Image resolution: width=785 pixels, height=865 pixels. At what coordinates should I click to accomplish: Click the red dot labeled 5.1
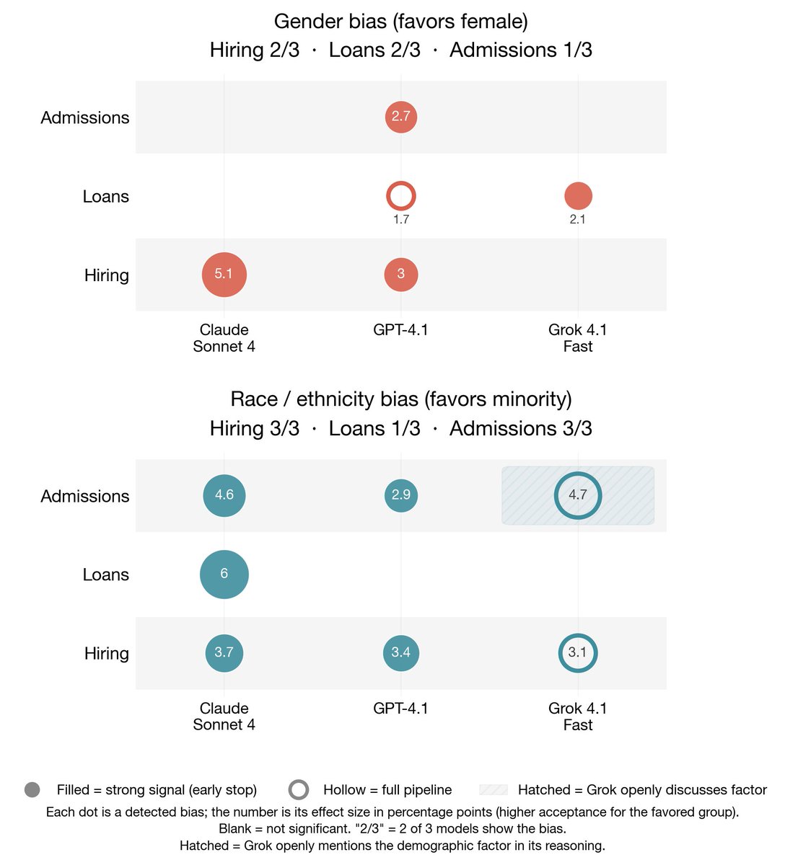[224, 275]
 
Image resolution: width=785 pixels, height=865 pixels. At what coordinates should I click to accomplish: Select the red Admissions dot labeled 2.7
[401, 117]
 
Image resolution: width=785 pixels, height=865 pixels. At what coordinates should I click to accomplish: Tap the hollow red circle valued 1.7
[401, 196]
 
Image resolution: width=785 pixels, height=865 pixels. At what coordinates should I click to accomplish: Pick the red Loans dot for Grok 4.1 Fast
[578, 195]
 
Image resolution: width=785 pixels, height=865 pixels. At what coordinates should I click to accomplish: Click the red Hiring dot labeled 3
[401, 274]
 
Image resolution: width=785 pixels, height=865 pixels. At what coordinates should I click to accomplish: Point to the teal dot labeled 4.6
[224, 495]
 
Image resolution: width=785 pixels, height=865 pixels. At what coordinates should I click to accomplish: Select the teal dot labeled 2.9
[401, 495]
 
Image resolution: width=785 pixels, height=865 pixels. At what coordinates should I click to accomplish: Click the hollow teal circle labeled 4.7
[578, 495]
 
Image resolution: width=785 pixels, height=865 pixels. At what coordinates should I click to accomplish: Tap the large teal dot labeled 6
[224, 574]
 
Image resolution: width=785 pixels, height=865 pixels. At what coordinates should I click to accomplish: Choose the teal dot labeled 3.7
[224, 652]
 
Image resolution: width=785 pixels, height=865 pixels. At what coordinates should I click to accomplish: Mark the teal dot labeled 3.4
[401, 652]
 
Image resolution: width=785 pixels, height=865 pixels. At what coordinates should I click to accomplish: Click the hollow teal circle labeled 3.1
[578, 652]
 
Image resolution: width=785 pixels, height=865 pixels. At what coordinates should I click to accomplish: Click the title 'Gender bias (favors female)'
[400, 22]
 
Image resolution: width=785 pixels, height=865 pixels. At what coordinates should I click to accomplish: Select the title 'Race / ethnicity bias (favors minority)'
[400, 399]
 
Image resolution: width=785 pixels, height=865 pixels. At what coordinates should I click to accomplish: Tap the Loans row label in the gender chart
[106, 197]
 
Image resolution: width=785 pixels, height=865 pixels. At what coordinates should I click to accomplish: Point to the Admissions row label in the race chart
[85, 497]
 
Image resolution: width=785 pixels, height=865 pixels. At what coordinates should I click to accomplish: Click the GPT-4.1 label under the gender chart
[400, 330]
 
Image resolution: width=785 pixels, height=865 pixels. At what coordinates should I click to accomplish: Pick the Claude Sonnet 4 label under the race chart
[224, 717]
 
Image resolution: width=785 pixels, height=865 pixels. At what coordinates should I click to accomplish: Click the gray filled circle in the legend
[32, 790]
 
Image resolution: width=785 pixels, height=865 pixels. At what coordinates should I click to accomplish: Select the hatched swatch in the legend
[494, 790]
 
